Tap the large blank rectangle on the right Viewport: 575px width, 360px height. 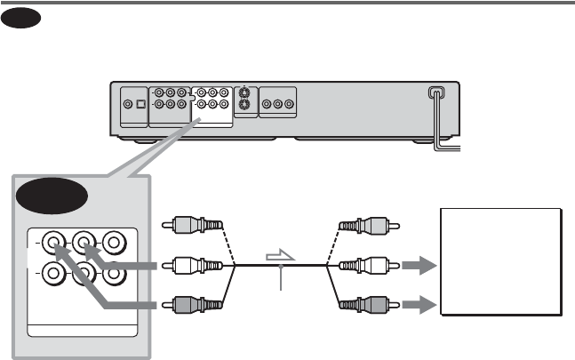tap(500, 262)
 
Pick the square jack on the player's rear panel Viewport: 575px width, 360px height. tap(140, 104)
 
